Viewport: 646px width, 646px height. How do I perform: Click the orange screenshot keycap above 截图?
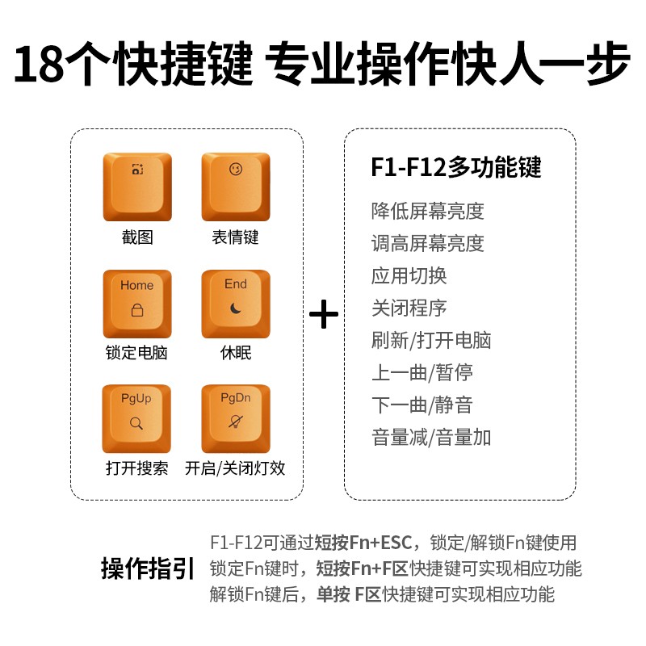coord(137,187)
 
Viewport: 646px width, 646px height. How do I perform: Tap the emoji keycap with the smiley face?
coord(235,187)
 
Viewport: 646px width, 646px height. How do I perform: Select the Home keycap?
coord(137,303)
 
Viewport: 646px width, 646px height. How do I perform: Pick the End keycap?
coord(235,303)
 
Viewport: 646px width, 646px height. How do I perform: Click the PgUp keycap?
coord(137,417)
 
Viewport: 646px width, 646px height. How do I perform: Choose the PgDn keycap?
coord(235,417)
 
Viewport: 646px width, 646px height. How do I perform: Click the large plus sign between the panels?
coord(324,314)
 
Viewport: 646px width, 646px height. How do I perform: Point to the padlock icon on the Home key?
coord(136,311)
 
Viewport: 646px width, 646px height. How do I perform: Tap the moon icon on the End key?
coord(235,309)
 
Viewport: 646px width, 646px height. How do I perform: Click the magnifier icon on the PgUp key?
coord(136,422)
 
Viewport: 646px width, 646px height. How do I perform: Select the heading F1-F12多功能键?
coord(456,167)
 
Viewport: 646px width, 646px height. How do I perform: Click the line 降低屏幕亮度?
coord(427,212)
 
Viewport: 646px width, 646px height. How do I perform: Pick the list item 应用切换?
coord(409,276)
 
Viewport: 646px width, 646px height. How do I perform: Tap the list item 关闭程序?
coord(409,308)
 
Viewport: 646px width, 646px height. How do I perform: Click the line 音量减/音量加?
coord(430,438)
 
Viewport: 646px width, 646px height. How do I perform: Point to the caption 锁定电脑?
coord(136,353)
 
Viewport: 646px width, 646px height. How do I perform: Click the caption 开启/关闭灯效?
coord(235,468)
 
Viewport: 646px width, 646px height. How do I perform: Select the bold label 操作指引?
coord(148,568)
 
